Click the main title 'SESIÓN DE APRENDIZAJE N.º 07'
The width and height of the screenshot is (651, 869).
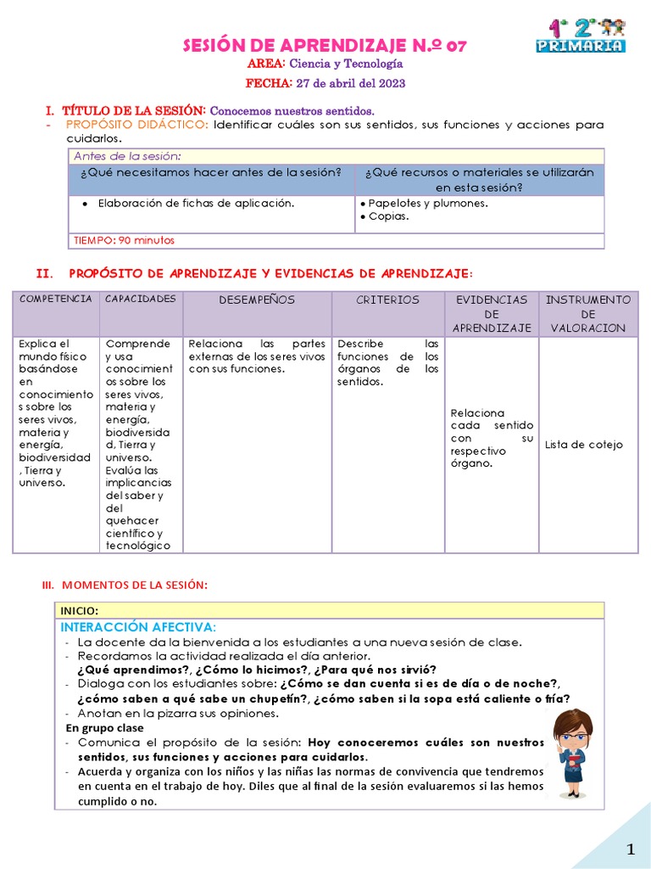[x=325, y=46]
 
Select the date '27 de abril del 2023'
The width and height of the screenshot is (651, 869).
[x=350, y=83]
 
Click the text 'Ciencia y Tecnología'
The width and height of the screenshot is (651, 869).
[x=334, y=64]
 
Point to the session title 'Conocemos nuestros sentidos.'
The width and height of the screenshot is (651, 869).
[x=292, y=111]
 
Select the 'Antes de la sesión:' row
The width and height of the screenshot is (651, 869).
[x=127, y=156]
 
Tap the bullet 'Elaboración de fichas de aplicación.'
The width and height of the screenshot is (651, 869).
[x=196, y=203]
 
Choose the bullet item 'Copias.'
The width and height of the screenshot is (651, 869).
[x=388, y=216]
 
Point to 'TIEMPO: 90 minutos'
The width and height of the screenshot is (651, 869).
[x=124, y=240]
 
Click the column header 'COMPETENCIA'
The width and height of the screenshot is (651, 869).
[x=56, y=300]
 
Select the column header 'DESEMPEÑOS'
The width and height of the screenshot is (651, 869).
[x=257, y=300]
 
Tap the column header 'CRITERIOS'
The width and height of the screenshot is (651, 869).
[x=387, y=300]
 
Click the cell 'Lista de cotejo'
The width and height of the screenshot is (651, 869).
[x=583, y=445]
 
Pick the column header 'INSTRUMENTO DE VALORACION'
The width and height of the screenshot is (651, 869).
[x=587, y=313]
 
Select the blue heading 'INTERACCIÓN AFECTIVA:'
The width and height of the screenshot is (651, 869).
[x=138, y=627]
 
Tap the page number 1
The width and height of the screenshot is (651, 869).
[x=630, y=849]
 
